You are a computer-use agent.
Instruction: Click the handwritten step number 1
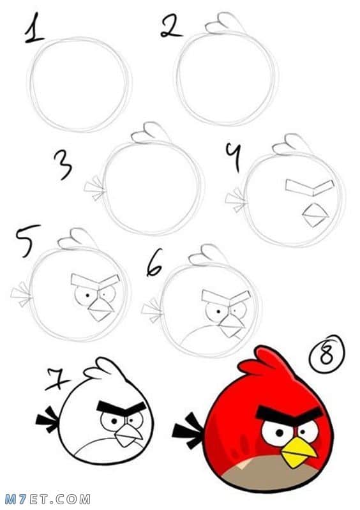(34, 29)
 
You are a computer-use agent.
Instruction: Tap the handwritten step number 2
(171, 26)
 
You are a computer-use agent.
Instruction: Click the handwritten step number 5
(27, 241)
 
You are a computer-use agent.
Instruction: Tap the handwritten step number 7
(57, 379)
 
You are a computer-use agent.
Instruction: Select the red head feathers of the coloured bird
(265, 362)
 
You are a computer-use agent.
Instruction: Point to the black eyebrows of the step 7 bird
(121, 409)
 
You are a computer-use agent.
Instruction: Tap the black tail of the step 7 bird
(47, 419)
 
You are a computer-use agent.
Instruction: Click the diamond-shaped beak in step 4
(315, 214)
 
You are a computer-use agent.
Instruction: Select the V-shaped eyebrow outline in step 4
(310, 188)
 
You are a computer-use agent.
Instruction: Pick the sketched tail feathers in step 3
(94, 188)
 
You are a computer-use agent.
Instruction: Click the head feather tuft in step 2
(225, 24)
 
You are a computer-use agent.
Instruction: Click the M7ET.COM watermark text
(47, 499)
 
